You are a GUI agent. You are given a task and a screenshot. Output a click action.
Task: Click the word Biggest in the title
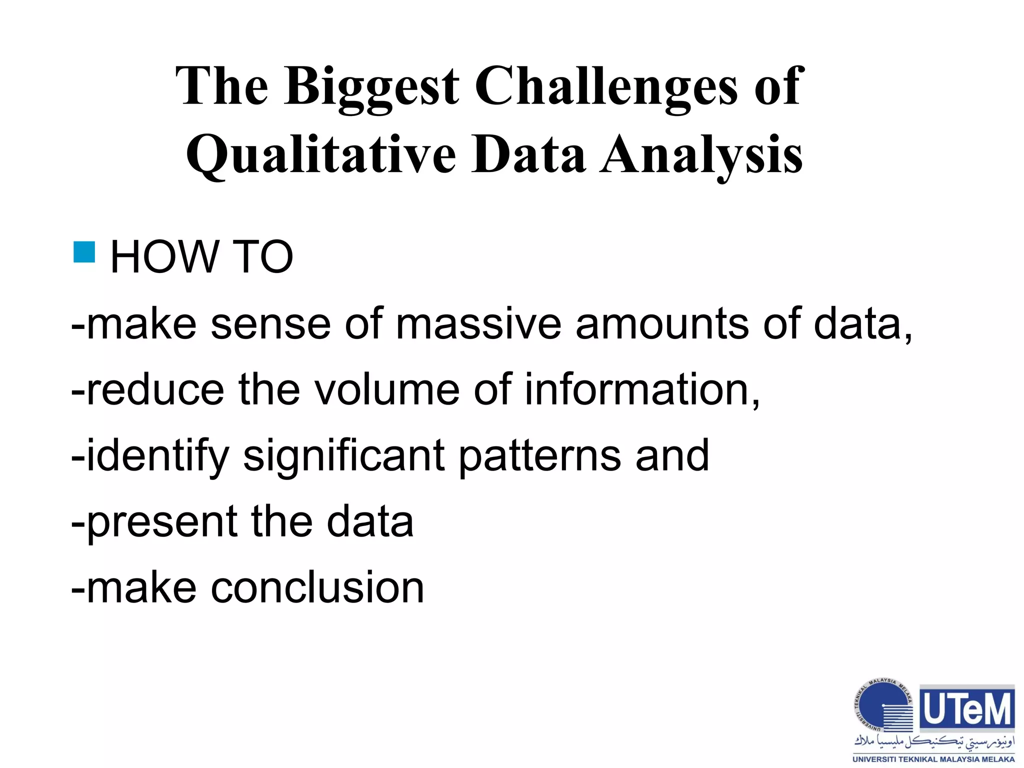(371, 87)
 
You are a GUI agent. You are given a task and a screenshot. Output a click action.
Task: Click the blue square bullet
(84, 252)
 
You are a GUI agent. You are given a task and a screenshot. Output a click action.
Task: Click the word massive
(478, 324)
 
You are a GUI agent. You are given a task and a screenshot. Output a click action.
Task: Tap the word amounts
(662, 324)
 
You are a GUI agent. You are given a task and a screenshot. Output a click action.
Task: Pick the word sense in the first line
(270, 324)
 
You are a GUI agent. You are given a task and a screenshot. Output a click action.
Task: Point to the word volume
(385, 389)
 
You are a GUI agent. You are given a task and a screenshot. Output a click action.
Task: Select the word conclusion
(317, 587)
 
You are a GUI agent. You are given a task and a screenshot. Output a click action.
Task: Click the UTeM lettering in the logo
(967, 709)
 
